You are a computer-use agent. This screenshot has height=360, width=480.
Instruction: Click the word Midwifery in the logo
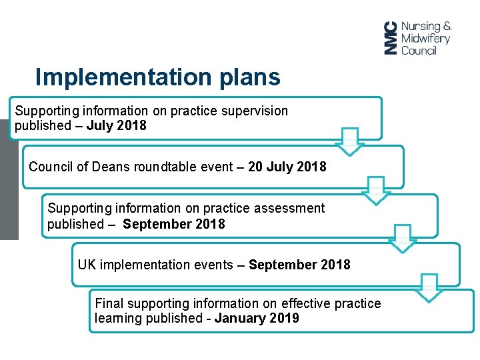pos(425,38)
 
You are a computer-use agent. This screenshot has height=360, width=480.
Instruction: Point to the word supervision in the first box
pos(257,111)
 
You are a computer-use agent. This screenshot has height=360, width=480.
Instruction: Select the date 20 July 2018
pos(287,167)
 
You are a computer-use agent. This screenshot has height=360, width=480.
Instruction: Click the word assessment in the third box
pos(291,208)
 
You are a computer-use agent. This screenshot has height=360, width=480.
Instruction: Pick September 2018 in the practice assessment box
pos(174,224)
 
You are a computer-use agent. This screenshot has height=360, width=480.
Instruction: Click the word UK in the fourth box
pos(86,265)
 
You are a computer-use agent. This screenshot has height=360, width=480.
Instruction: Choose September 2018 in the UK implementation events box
pos(299,265)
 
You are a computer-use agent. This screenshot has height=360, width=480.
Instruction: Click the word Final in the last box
pos(109,304)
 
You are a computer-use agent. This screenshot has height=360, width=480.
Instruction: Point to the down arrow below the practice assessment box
pos(402,239)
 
